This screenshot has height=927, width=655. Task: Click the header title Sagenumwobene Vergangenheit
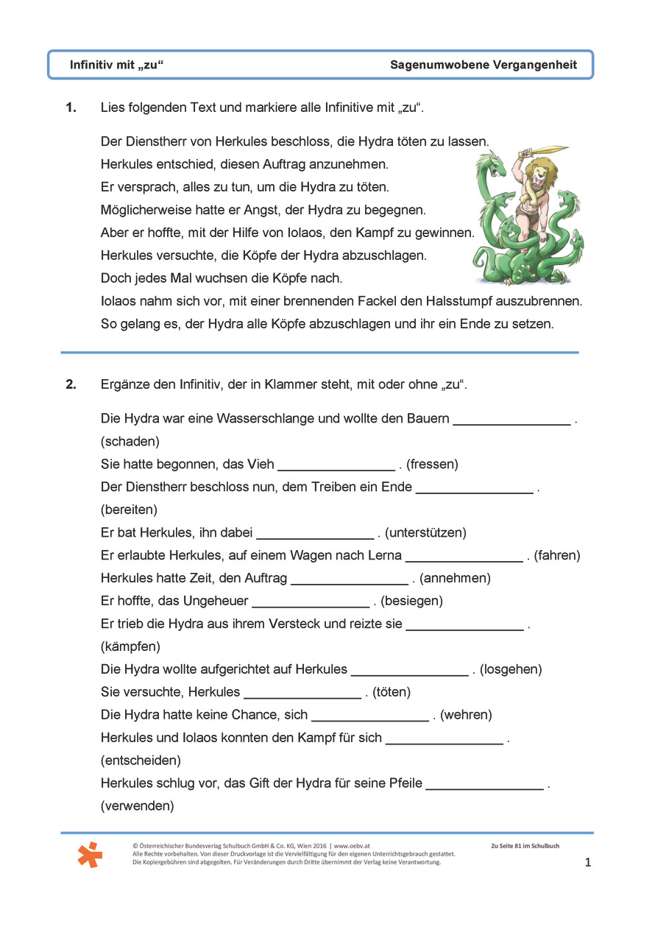(484, 66)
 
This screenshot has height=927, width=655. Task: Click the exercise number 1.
(71, 108)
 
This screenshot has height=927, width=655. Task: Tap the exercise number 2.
(71, 384)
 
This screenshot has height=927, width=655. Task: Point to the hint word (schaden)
(130, 442)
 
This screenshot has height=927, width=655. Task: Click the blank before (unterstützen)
(315, 532)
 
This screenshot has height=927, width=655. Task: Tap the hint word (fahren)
(557, 555)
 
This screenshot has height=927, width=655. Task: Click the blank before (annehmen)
(349, 578)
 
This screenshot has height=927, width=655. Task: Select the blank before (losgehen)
(410, 669)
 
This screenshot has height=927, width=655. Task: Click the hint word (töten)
(392, 692)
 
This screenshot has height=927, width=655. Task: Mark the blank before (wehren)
(369, 715)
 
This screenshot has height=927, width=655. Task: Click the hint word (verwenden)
(137, 806)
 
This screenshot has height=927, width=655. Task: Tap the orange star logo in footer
(90, 855)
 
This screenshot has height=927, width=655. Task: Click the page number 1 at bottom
(587, 862)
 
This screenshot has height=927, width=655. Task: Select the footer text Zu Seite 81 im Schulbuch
(525, 846)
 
